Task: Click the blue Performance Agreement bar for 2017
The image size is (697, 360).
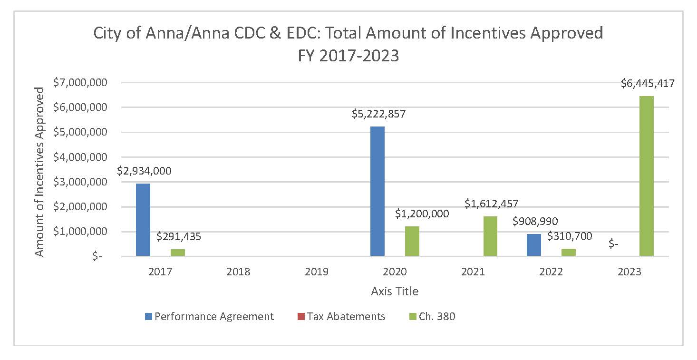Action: click(143, 220)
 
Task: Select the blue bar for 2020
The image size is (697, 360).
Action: click(378, 191)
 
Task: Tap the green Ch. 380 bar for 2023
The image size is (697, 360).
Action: click(647, 176)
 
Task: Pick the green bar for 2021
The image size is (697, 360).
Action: click(490, 236)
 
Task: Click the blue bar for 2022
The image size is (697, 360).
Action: click(534, 245)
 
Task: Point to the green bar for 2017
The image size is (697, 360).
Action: click(178, 253)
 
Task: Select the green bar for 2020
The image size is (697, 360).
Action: click(412, 241)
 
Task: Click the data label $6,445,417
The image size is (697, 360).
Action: click(648, 84)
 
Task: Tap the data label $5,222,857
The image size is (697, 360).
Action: click(378, 114)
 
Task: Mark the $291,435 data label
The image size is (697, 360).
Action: click(179, 236)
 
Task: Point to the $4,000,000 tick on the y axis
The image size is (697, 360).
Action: click(87, 157)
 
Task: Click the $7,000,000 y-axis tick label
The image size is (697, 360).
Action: click(87, 82)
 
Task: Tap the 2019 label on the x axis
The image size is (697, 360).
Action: click(317, 272)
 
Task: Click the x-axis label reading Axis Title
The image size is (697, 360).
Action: click(395, 291)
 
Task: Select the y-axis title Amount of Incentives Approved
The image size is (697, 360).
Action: click(40, 171)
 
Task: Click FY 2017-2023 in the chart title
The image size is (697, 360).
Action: click(348, 56)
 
